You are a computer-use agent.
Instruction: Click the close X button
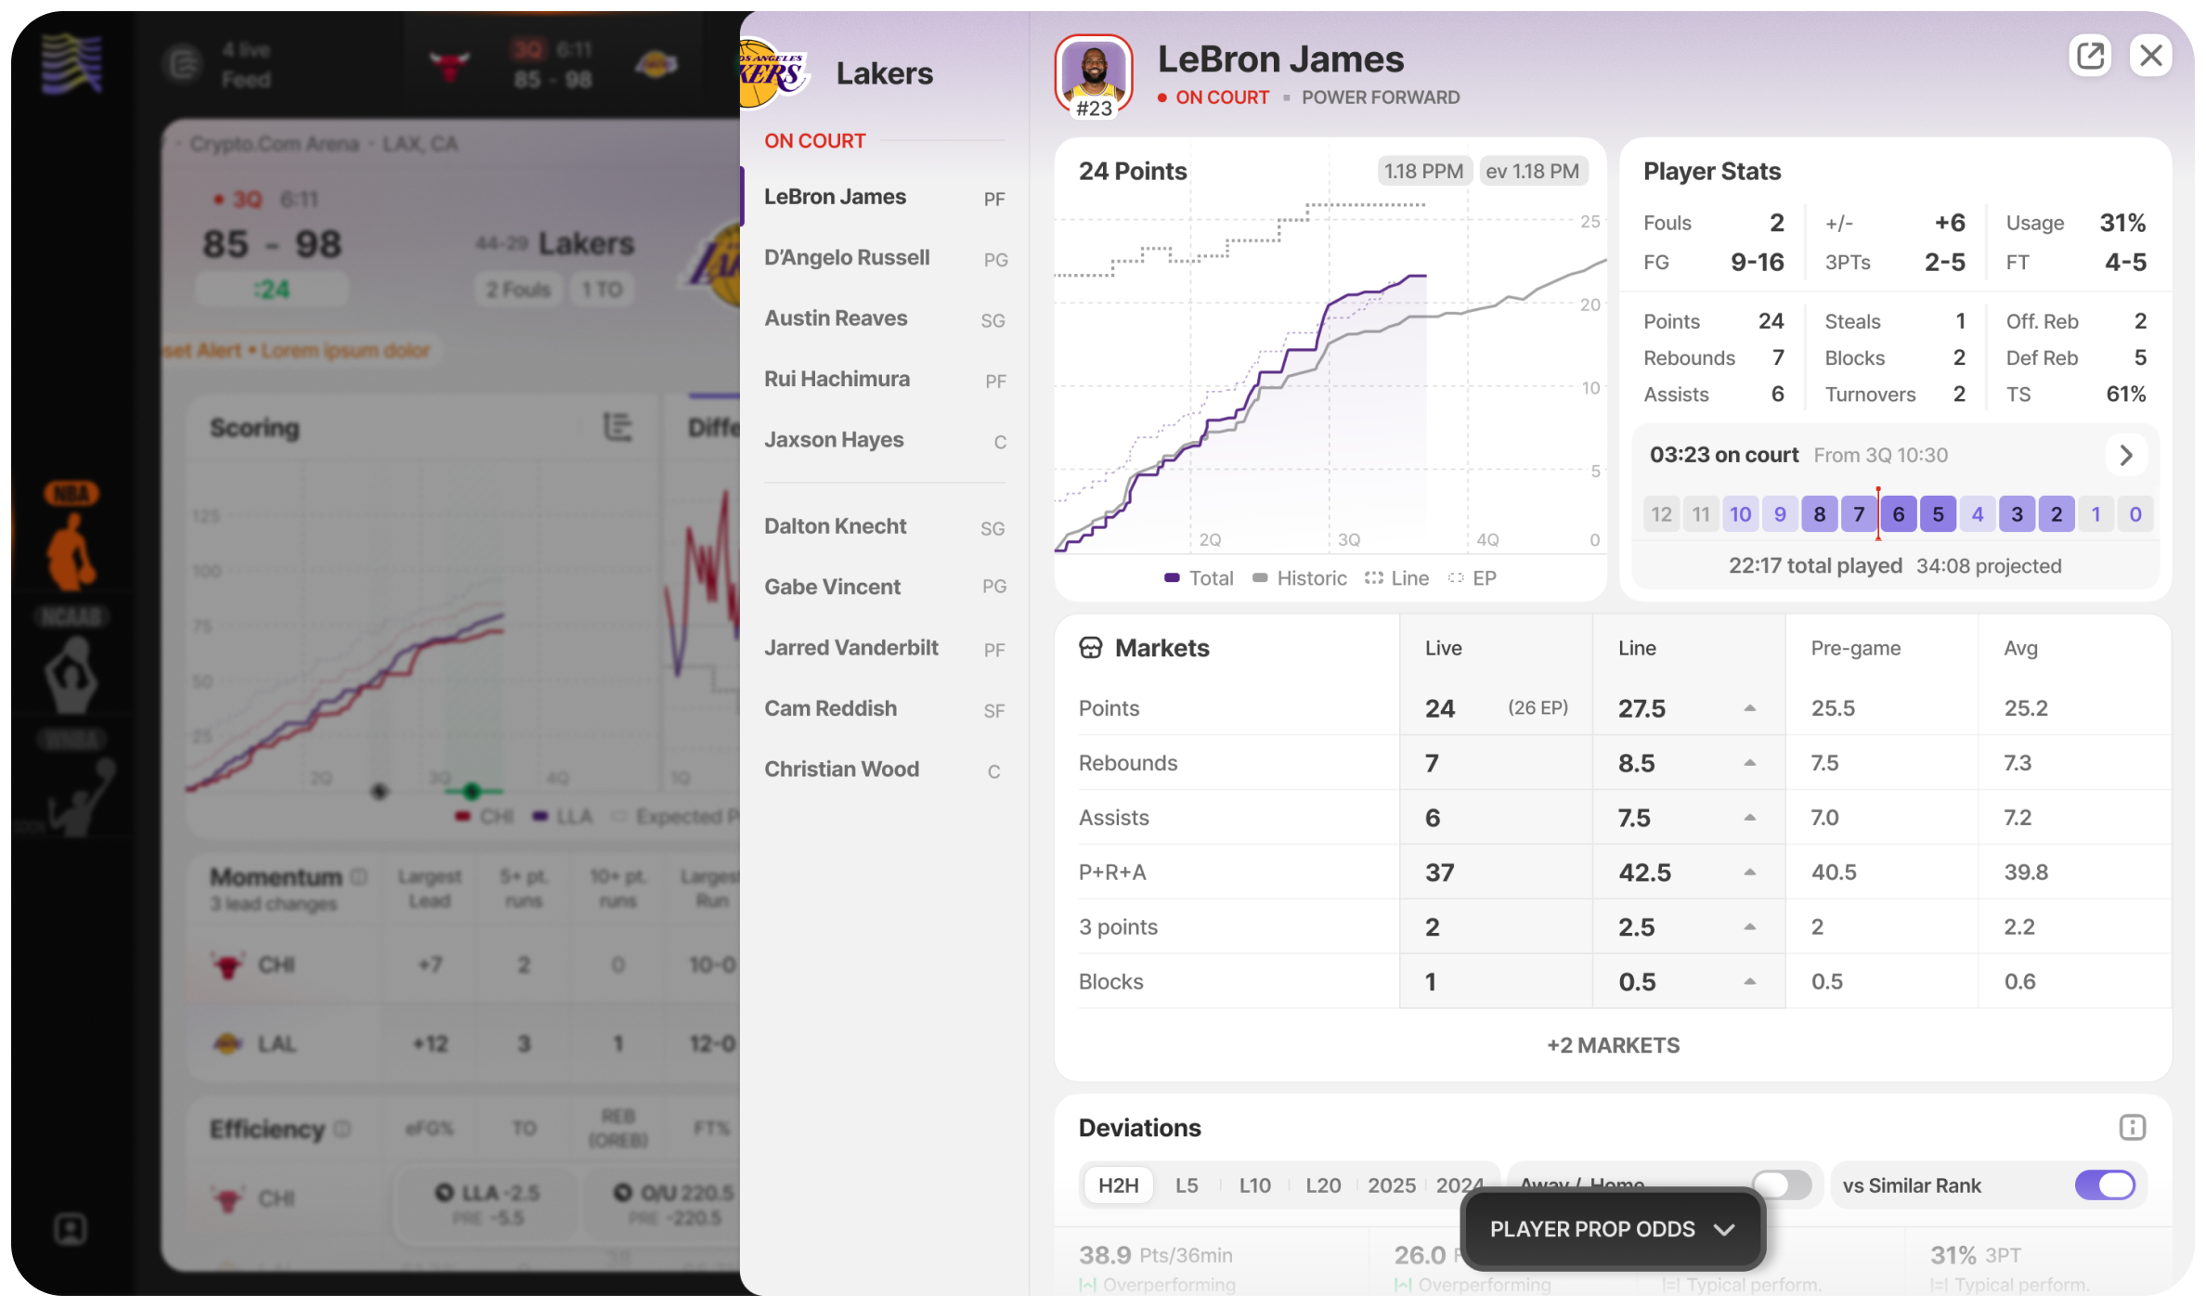click(x=2150, y=57)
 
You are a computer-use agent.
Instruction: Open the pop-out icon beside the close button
click(x=2090, y=57)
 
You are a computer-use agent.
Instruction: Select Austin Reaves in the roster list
click(x=836, y=318)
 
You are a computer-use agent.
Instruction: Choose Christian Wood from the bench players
click(x=841, y=770)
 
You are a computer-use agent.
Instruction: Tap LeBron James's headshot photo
click(x=1094, y=72)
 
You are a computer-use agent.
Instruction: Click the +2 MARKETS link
click(x=1613, y=1045)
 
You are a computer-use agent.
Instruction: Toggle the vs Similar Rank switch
click(x=2104, y=1185)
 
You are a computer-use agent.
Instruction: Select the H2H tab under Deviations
click(x=1118, y=1185)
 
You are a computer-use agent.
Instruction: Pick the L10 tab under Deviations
click(x=1254, y=1185)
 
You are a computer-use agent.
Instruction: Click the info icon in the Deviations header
click(x=2132, y=1128)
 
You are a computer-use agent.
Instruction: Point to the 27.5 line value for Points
click(x=1642, y=709)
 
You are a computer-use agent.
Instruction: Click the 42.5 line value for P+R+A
click(x=1644, y=873)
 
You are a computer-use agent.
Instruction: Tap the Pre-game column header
click(x=1855, y=648)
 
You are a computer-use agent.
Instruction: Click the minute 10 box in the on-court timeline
click(x=1740, y=514)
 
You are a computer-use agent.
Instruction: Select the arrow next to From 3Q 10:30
click(x=2125, y=456)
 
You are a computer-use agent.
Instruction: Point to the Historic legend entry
click(x=1300, y=578)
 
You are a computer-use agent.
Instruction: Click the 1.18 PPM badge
click(x=1422, y=172)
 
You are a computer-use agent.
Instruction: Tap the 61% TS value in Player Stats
click(x=2125, y=395)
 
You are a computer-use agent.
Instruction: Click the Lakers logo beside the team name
click(x=772, y=73)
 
